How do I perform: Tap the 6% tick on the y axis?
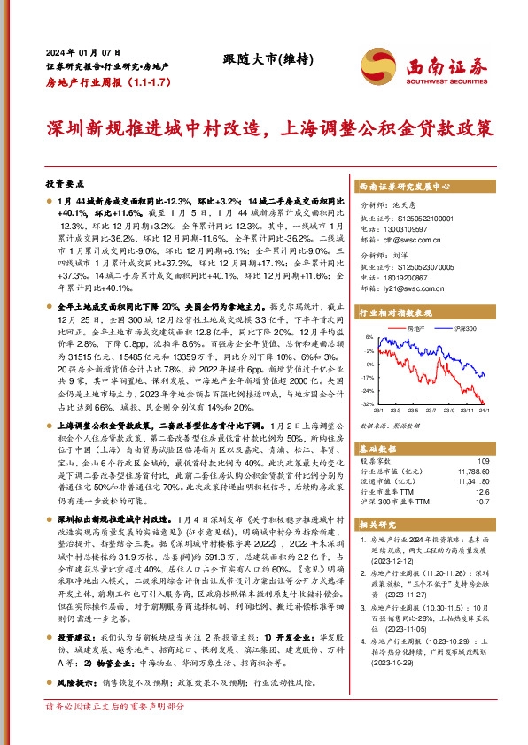pyautogui.click(x=368, y=337)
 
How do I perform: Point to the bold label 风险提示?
pyautogui.click(x=76, y=683)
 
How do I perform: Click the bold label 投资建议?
pyautogui.click(x=76, y=637)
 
